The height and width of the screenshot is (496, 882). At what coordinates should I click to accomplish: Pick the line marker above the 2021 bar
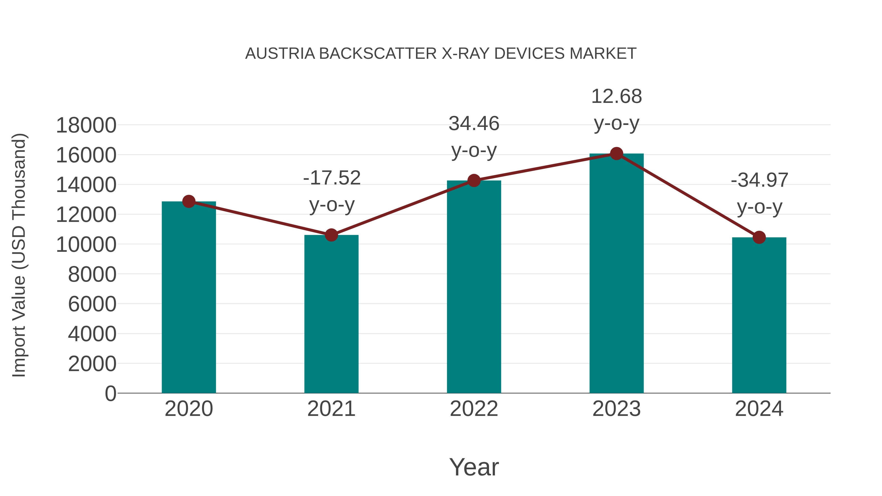tap(331, 235)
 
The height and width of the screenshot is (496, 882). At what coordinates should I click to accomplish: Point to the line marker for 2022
tap(474, 180)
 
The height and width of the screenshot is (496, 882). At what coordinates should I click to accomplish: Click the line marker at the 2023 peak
tap(616, 154)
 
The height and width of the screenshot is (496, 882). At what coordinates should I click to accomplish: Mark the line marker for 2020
tap(189, 202)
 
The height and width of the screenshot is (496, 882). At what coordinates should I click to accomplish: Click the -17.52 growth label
tap(332, 178)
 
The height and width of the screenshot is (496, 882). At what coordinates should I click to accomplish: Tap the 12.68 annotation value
tap(616, 97)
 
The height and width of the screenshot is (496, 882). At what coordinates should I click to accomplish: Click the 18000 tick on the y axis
tap(86, 125)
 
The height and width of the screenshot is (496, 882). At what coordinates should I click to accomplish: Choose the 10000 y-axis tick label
tap(86, 245)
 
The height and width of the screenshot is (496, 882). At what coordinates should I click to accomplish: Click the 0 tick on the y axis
tap(110, 393)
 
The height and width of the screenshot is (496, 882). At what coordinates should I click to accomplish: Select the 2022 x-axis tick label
tap(474, 409)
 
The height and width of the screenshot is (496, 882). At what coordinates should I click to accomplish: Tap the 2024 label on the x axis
tap(759, 409)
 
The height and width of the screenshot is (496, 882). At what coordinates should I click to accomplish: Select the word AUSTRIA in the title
tap(280, 54)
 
